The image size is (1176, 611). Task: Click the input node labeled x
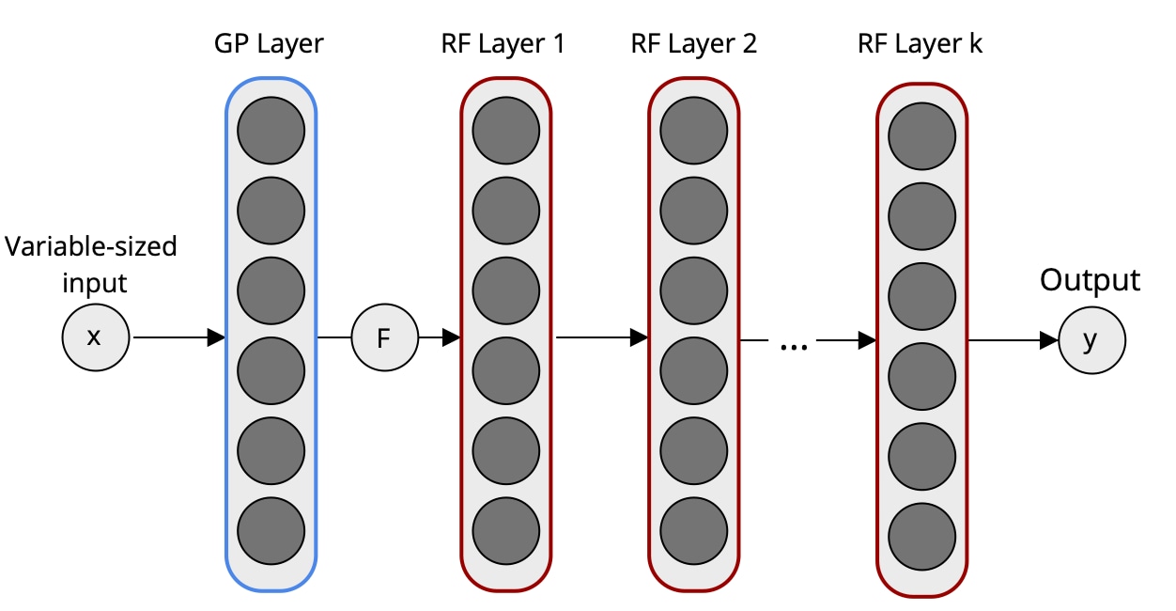[95, 337]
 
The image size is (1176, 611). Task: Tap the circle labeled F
[384, 337]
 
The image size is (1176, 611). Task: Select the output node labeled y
[1091, 340]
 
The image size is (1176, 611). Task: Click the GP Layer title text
[270, 44]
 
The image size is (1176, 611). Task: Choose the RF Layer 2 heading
[694, 44]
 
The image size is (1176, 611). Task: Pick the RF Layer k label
[921, 44]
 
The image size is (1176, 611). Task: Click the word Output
[1090, 280]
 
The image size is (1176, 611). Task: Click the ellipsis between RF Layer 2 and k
[795, 346]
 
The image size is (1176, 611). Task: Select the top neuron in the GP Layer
[271, 130]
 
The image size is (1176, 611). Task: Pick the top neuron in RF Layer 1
[506, 130]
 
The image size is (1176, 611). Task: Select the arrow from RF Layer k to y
[1013, 340]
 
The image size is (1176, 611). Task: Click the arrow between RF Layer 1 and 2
[601, 337]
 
